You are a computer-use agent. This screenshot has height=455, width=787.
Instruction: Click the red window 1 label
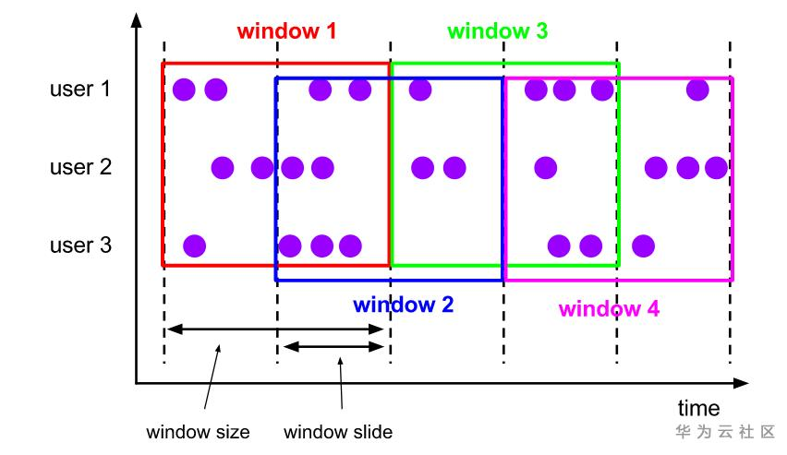pyautogui.click(x=286, y=30)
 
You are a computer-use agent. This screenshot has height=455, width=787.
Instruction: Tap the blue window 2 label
pyautogui.click(x=403, y=304)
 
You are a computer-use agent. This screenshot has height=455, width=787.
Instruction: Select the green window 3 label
pyautogui.click(x=497, y=30)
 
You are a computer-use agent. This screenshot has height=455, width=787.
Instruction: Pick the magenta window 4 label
pyautogui.click(x=609, y=308)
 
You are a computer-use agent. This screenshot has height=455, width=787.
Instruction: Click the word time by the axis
pyautogui.click(x=698, y=408)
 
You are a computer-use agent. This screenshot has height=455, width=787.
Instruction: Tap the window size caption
pyautogui.click(x=198, y=432)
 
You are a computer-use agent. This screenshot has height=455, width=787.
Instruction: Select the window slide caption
pyautogui.click(x=338, y=432)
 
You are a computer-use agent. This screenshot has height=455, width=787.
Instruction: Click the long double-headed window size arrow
pyautogui.click(x=277, y=328)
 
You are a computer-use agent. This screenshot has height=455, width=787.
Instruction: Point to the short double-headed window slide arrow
pyautogui.click(x=333, y=347)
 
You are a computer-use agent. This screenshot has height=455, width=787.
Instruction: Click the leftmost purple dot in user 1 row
pyautogui.click(x=184, y=90)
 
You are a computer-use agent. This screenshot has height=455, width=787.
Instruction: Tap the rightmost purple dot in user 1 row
pyautogui.click(x=698, y=90)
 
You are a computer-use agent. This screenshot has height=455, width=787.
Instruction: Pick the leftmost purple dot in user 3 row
pyautogui.click(x=194, y=245)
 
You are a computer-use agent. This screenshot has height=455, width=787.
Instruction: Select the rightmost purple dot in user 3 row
pyautogui.click(x=644, y=245)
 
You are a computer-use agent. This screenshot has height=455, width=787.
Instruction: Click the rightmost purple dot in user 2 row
pyautogui.click(x=716, y=168)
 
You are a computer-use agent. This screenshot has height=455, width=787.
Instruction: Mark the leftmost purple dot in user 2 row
pyautogui.click(x=222, y=168)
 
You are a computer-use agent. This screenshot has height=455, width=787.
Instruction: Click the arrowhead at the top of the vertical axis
pyautogui.click(x=137, y=19)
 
